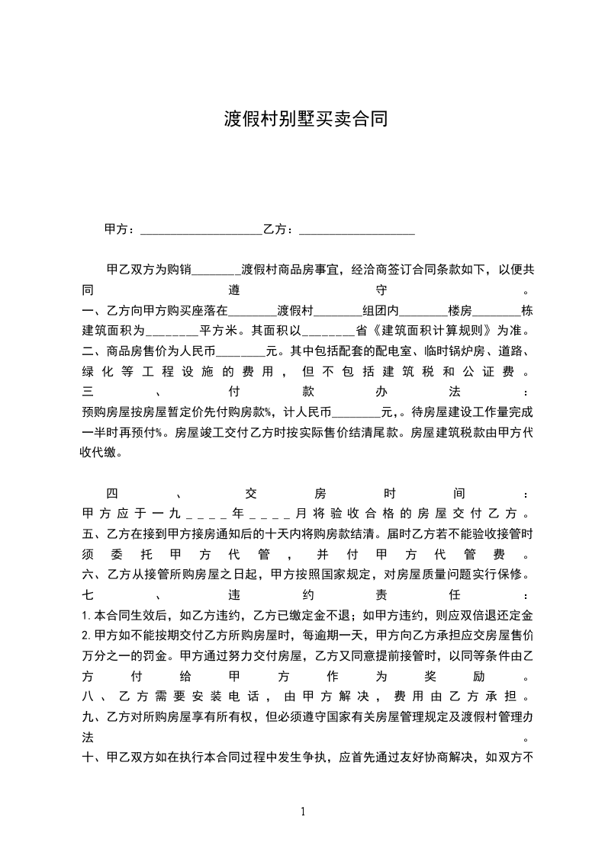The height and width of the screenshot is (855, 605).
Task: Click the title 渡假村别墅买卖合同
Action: tap(305, 119)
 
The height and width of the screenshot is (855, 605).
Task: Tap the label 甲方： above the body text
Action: tap(121, 229)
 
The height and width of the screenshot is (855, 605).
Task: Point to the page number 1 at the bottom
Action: tap(303, 812)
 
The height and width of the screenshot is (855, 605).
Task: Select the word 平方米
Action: tap(220, 331)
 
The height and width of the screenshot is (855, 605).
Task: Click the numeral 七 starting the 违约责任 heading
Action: tap(87, 594)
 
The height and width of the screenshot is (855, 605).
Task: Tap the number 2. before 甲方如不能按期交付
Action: tap(86, 634)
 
